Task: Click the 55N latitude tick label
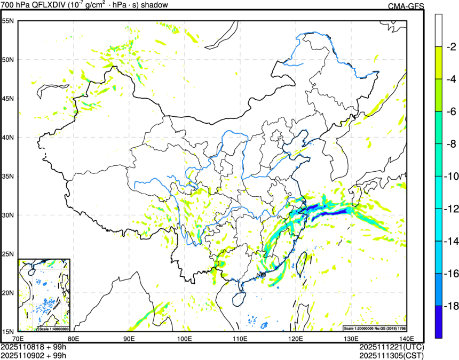(8, 21)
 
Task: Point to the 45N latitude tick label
(8, 99)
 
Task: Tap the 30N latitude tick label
(8, 215)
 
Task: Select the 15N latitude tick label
(8, 331)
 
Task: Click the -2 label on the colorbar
(451, 46)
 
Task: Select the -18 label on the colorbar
(451, 306)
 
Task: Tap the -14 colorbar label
(451, 241)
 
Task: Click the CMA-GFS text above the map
(405, 6)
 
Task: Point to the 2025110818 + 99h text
(33, 347)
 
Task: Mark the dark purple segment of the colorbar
(439, 322)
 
